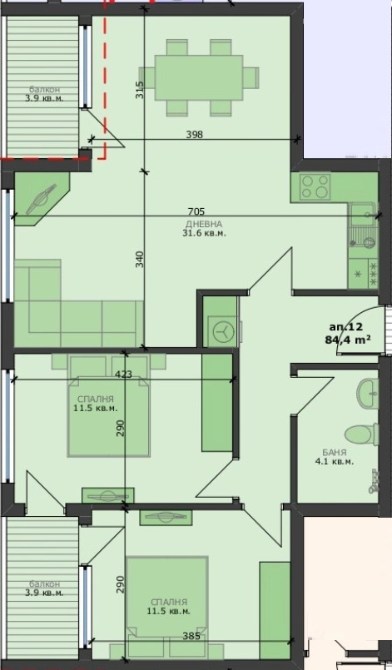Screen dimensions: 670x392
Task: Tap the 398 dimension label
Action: [195, 134]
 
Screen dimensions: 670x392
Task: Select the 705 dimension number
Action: [196, 212]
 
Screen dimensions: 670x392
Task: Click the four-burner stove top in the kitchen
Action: [315, 186]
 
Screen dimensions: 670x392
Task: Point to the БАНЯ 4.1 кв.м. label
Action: [333, 457]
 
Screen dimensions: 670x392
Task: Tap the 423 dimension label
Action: [123, 375]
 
